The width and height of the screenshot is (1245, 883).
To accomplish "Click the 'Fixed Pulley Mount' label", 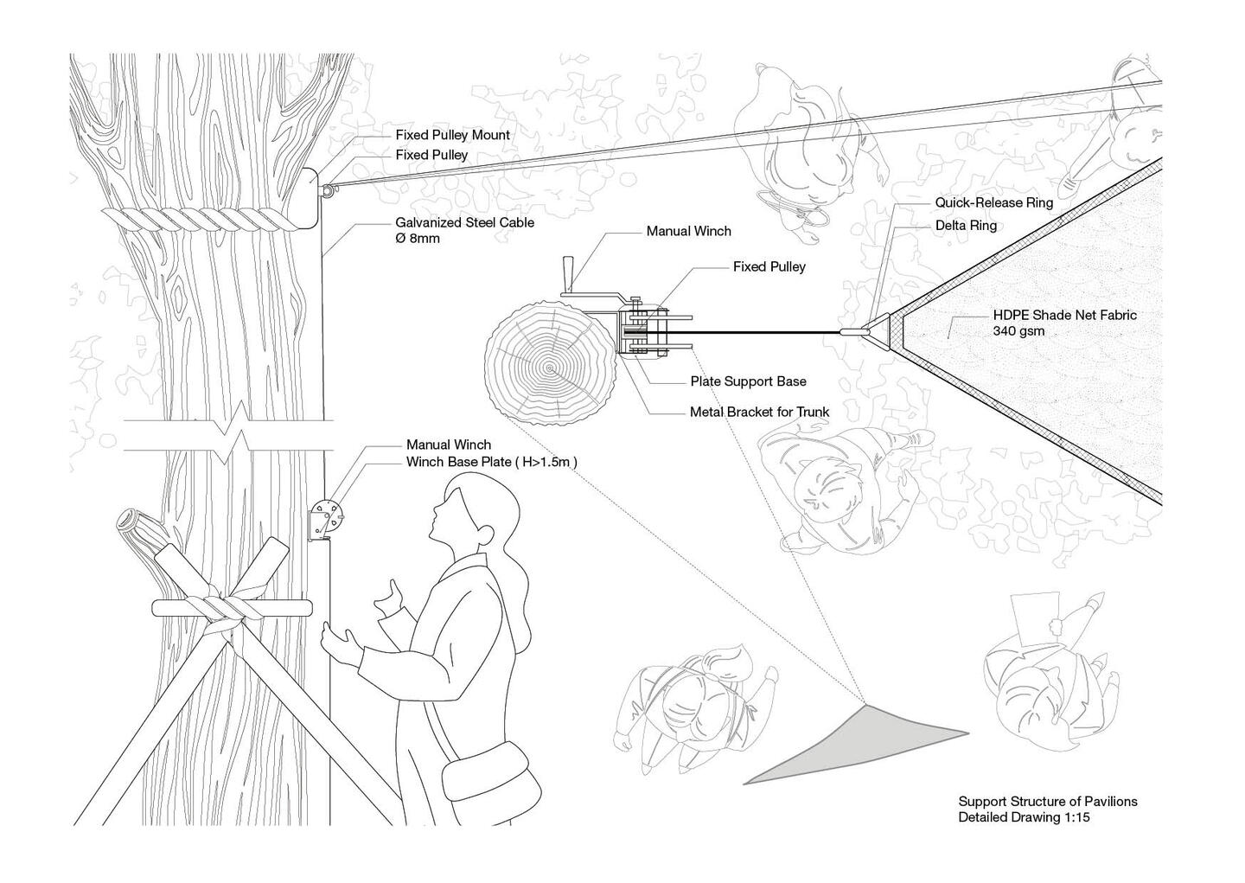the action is pyautogui.click(x=452, y=135).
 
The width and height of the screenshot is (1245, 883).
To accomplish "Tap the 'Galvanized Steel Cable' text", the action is pyautogui.click(x=464, y=222).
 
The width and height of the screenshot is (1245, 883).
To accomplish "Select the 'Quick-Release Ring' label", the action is pyautogui.click(x=993, y=202).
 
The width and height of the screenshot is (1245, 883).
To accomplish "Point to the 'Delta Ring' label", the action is pyautogui.click(x=966, y=226).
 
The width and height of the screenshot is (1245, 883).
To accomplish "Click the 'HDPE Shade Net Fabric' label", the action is pyautogui.click(x=1064, y=315).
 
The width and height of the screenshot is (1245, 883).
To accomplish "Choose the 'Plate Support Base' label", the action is pyautogui.click(x=748, y=381).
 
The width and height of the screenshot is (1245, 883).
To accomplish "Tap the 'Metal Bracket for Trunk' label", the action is pyautogui.click(x=759, y=412).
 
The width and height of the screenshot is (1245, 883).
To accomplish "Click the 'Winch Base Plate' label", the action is pyautogui.click(x=459, y=462).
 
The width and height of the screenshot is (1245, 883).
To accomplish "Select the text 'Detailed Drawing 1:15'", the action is pyautogui.click(x=1024, y=816).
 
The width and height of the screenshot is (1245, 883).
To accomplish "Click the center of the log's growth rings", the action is pyautogui.click(x=550, y=368).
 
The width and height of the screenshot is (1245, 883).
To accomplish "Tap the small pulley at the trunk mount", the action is pyautogui.click(x=329, y=191).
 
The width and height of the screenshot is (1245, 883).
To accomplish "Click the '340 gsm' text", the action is pyautogui.click(x=1018, y=331).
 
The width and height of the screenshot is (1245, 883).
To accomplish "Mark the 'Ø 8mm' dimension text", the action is pyautogui.click(x=418, y=239).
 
